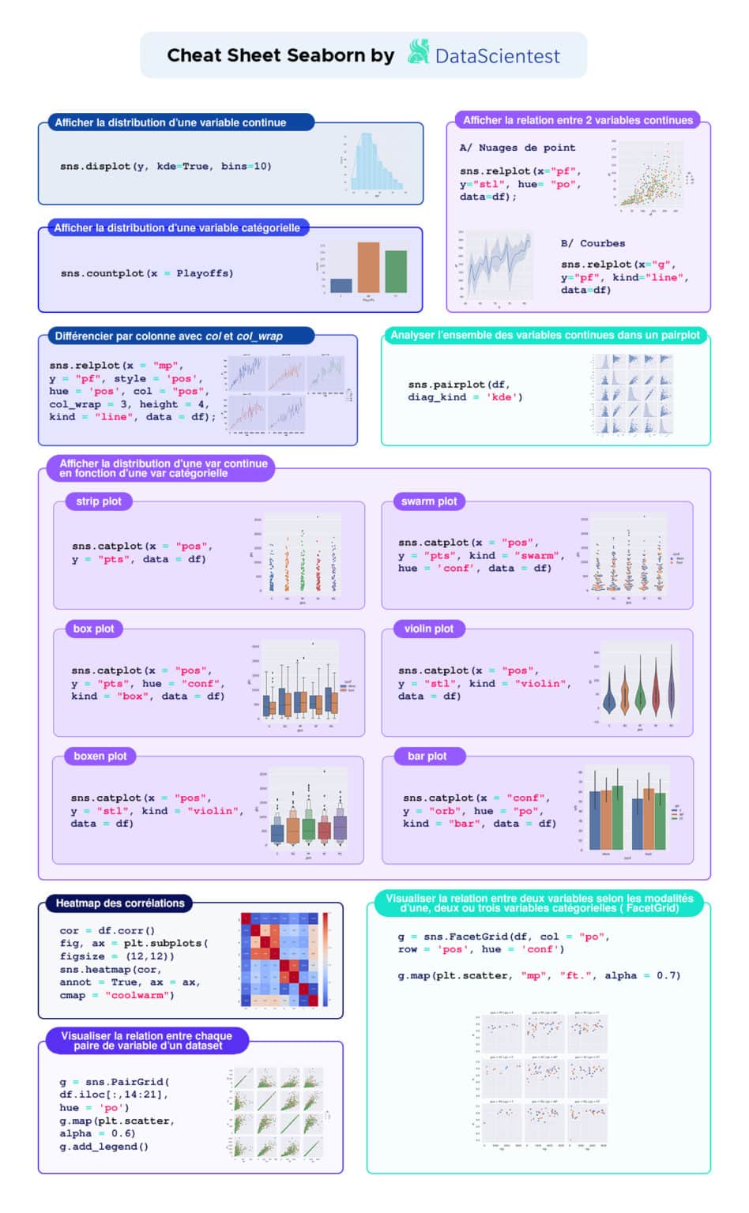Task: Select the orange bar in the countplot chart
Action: (368, 268)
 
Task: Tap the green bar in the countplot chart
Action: (396, 272)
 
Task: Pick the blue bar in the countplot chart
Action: (341, 286)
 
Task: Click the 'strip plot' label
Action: (99, 501)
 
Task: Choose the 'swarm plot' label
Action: (428, 501)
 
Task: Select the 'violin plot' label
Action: (428, 629)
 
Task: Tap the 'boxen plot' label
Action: (100, 756)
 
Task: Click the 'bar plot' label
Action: (427, 756)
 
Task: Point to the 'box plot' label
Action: (93, 629)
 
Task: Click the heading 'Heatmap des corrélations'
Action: (120, 903)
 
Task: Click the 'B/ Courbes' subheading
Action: (593, 243)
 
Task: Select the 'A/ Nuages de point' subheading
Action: (518, 148)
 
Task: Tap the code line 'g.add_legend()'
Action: (104, 1146)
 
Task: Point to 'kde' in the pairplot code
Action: (502, 397)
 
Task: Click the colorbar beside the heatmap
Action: (326, 960)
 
